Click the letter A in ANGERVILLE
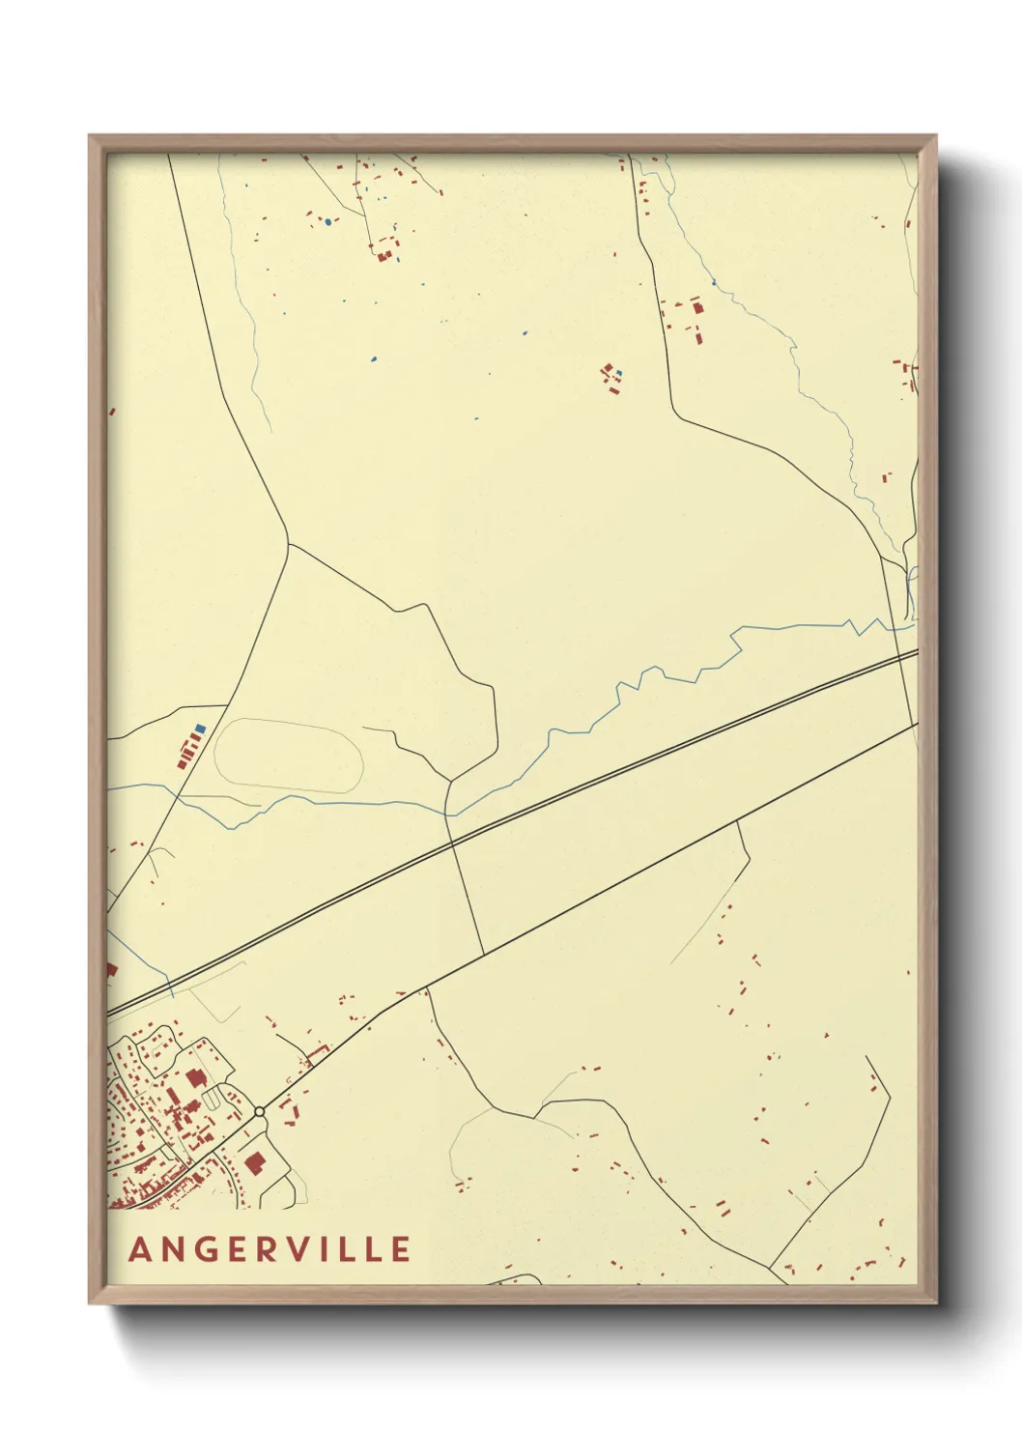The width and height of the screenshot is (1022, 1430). pyautogui.click(x=141, y=1249)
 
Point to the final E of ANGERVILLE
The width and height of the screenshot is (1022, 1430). pyautogui.click(x=400, y=1249)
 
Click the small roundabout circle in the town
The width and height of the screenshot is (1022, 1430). pyautogui.click(x=259, y=1112)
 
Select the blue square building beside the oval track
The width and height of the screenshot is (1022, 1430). pyautogui.click(x=200, y=728)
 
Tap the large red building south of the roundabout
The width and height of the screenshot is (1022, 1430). pyautogui.click(x=255, y=1162)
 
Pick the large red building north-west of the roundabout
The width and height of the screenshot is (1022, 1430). pyautogui.click(x=196, y=1078)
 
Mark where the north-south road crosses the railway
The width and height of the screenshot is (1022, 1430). pyautogui.click(x=451, y=842)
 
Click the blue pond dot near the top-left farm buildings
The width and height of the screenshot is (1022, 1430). pyautogui.click(x=328, y=222)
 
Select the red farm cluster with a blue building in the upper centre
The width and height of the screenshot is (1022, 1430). pyautogui.click(x=610, y=376)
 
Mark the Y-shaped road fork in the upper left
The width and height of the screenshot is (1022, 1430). pyautogui.click(x=288, y=543)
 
